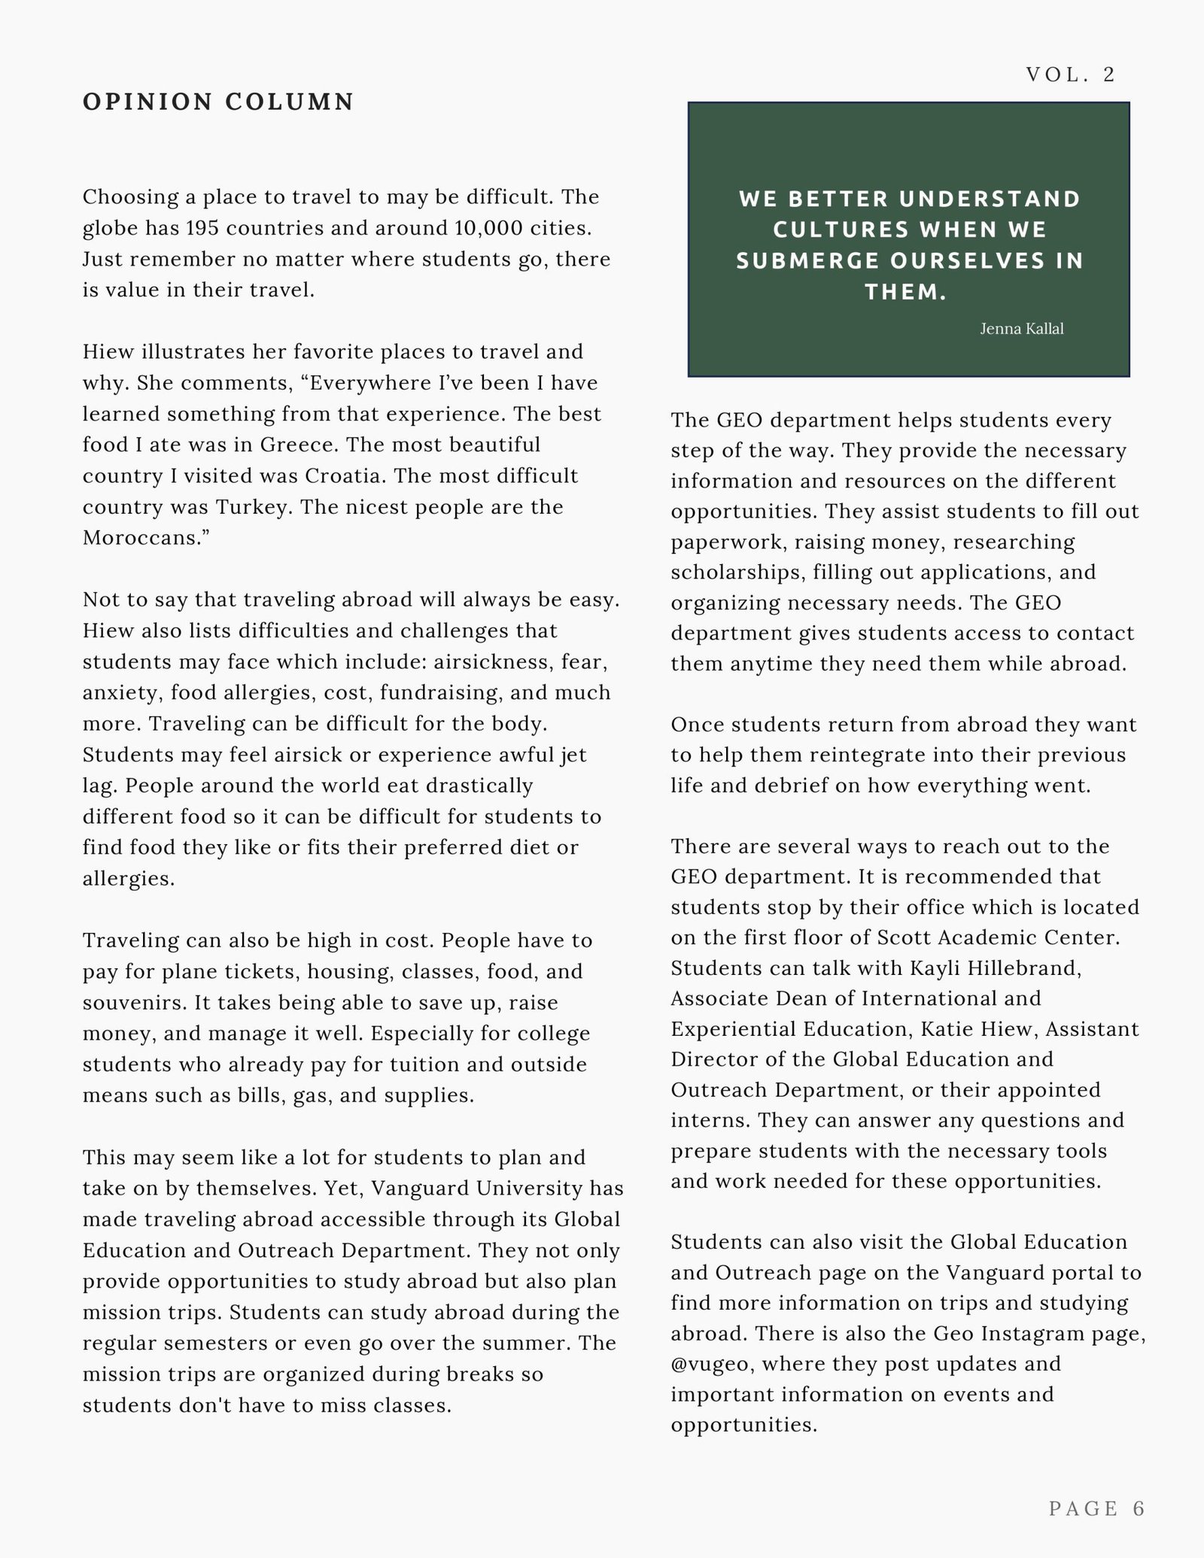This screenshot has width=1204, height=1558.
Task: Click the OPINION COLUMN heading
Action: click(x=218, y=102)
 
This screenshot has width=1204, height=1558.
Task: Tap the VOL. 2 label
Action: click(x=1071, y=74)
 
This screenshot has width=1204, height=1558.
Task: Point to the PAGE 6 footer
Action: click(x=1096, y=1508)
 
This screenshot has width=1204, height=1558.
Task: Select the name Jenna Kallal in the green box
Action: click(x=1021, y=329)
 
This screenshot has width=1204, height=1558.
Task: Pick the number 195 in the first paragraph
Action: click(x=201, y=228)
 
